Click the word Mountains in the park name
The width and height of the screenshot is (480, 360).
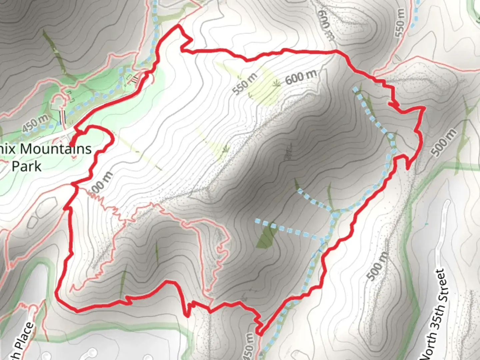56,149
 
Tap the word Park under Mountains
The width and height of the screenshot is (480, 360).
27,166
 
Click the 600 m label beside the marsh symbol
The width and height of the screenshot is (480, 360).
301,78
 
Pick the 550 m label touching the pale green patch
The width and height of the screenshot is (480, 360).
245,84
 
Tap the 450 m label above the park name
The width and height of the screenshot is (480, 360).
35,123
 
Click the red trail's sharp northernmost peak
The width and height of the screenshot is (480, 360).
179,26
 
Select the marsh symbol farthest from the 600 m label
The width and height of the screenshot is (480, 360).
226,148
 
